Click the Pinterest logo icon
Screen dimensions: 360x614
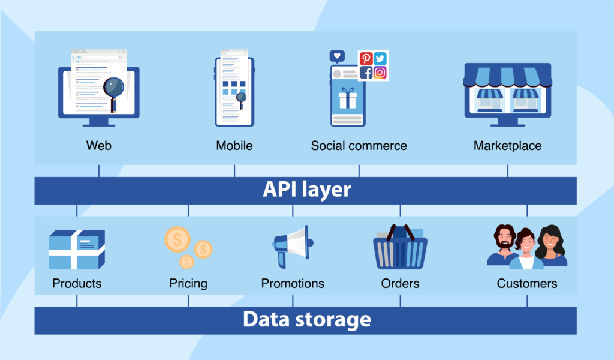366,58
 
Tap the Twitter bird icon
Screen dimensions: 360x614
380,58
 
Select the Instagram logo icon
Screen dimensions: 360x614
380,73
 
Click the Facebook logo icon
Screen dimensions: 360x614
366,73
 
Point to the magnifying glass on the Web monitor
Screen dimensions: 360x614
113,89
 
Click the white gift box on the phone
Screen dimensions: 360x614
347,98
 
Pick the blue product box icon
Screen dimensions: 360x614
76,250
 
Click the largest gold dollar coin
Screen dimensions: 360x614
177,240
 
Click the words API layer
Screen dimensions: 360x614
306,190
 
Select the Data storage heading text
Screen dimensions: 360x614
306,320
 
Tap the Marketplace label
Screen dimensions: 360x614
507,146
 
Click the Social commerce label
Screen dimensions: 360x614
359,146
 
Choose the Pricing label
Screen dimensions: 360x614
188,283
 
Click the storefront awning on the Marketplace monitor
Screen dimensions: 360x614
507,76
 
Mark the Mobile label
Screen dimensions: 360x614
234,146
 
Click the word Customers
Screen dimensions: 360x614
527,283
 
